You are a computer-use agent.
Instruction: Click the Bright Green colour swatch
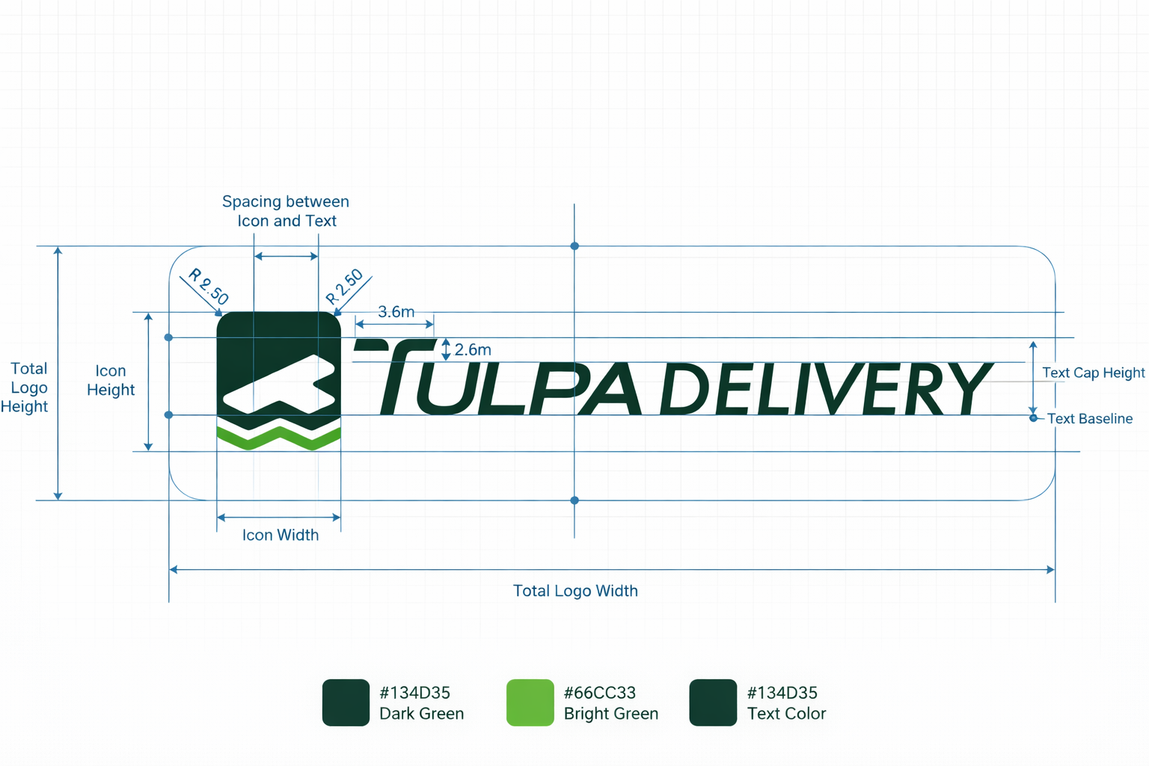tap(530, 702)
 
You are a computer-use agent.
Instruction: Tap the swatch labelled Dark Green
tap(346, 702)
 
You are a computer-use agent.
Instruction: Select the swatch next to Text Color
tap(713, 702)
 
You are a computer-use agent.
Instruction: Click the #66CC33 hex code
tap(599, 693)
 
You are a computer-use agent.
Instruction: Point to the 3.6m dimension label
tap(396, 312)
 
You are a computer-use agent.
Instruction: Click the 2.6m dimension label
tap(473, 350)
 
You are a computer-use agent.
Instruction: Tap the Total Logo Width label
tap(575, 591)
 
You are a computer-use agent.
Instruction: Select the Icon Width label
tap(281, 535)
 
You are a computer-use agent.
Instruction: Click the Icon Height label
tap(111, 380)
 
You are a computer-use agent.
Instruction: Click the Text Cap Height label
tap(1093, 373)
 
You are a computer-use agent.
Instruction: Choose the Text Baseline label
tap(1089, 419)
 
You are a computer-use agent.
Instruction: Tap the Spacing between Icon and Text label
tap(286, 211)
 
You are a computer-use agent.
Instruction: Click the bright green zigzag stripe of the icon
tap(278, 439)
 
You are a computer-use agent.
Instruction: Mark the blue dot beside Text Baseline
tap(1033, 418)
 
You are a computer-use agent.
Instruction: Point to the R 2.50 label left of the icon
tap(208, 287)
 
